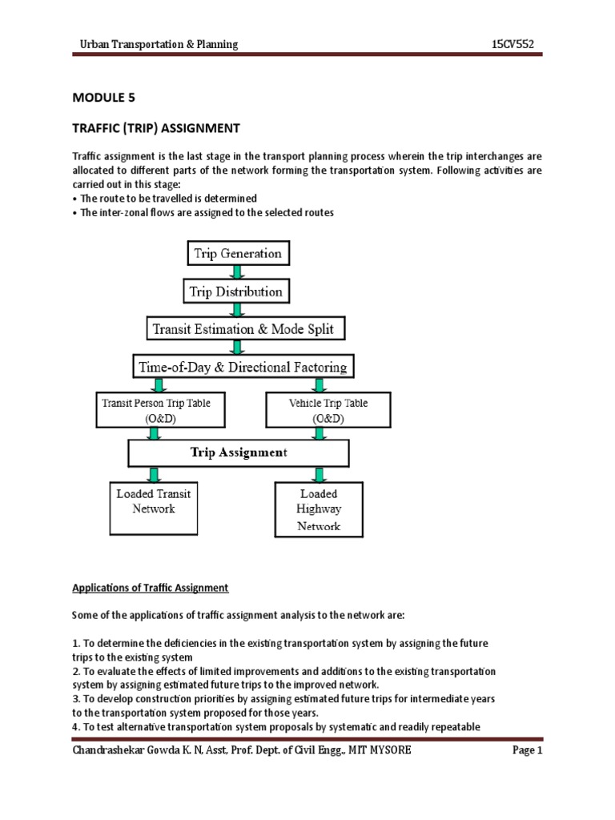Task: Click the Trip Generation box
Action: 238,254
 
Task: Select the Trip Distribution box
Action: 236,291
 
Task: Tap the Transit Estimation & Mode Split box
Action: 237,329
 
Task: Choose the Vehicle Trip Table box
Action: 328,410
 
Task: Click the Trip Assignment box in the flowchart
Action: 239,453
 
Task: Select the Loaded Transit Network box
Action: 153,508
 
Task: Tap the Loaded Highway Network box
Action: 319,509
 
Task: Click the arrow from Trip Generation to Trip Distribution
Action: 238,273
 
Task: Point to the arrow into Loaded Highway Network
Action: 319,474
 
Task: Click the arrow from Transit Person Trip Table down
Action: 154,433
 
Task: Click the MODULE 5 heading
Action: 104,98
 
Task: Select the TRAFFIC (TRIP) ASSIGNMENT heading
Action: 156,128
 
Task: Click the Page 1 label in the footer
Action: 528,750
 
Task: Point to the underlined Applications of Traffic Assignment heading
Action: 151,588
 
